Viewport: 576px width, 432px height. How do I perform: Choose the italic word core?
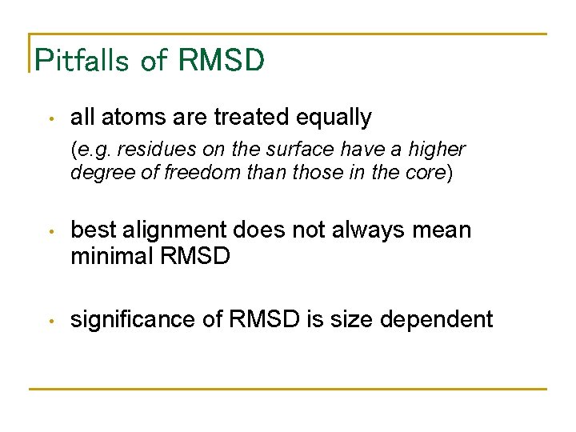pos(429,173)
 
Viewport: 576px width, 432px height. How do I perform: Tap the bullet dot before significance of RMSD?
pos(50,322)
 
